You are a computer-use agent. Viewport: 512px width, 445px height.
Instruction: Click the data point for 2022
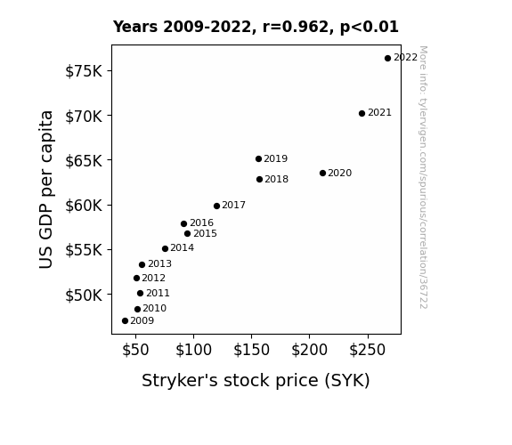tap(387, 59)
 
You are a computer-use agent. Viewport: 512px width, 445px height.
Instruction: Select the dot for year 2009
tap(125, 321)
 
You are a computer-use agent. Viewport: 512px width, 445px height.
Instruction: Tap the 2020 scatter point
tap(322, 173)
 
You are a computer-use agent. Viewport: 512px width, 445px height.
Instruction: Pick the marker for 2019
tap(258, 159)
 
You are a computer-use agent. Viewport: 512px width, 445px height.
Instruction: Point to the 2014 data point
tap(166, 249)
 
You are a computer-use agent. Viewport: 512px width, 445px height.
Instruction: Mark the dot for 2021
tap(362, 114)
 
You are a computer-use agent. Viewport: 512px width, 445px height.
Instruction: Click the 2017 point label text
tap(234, 205)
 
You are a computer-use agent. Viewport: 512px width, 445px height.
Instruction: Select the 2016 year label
tap(201, 222)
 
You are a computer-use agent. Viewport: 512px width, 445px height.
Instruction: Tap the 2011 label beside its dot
tap(158, 293)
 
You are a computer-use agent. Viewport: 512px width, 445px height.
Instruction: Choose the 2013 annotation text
tap(159, 263)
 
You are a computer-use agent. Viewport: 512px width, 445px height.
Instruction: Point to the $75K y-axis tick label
tap(84, 71)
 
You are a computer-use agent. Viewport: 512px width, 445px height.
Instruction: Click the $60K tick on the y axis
tap(84, 206)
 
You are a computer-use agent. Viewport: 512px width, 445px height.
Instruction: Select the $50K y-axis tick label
tap(84, 295)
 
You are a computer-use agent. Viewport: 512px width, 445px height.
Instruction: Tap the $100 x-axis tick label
tap(193, 350)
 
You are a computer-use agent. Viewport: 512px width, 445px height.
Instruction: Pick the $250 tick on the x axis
tap(368, 350)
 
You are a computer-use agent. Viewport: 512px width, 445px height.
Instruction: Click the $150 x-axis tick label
tap(251, 350)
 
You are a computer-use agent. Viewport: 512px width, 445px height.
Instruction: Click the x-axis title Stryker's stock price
tap(256, 381)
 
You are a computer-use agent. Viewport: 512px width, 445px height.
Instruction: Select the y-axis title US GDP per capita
tap(46, 190)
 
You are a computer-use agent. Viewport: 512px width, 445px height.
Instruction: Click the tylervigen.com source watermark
tap(423, 177)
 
